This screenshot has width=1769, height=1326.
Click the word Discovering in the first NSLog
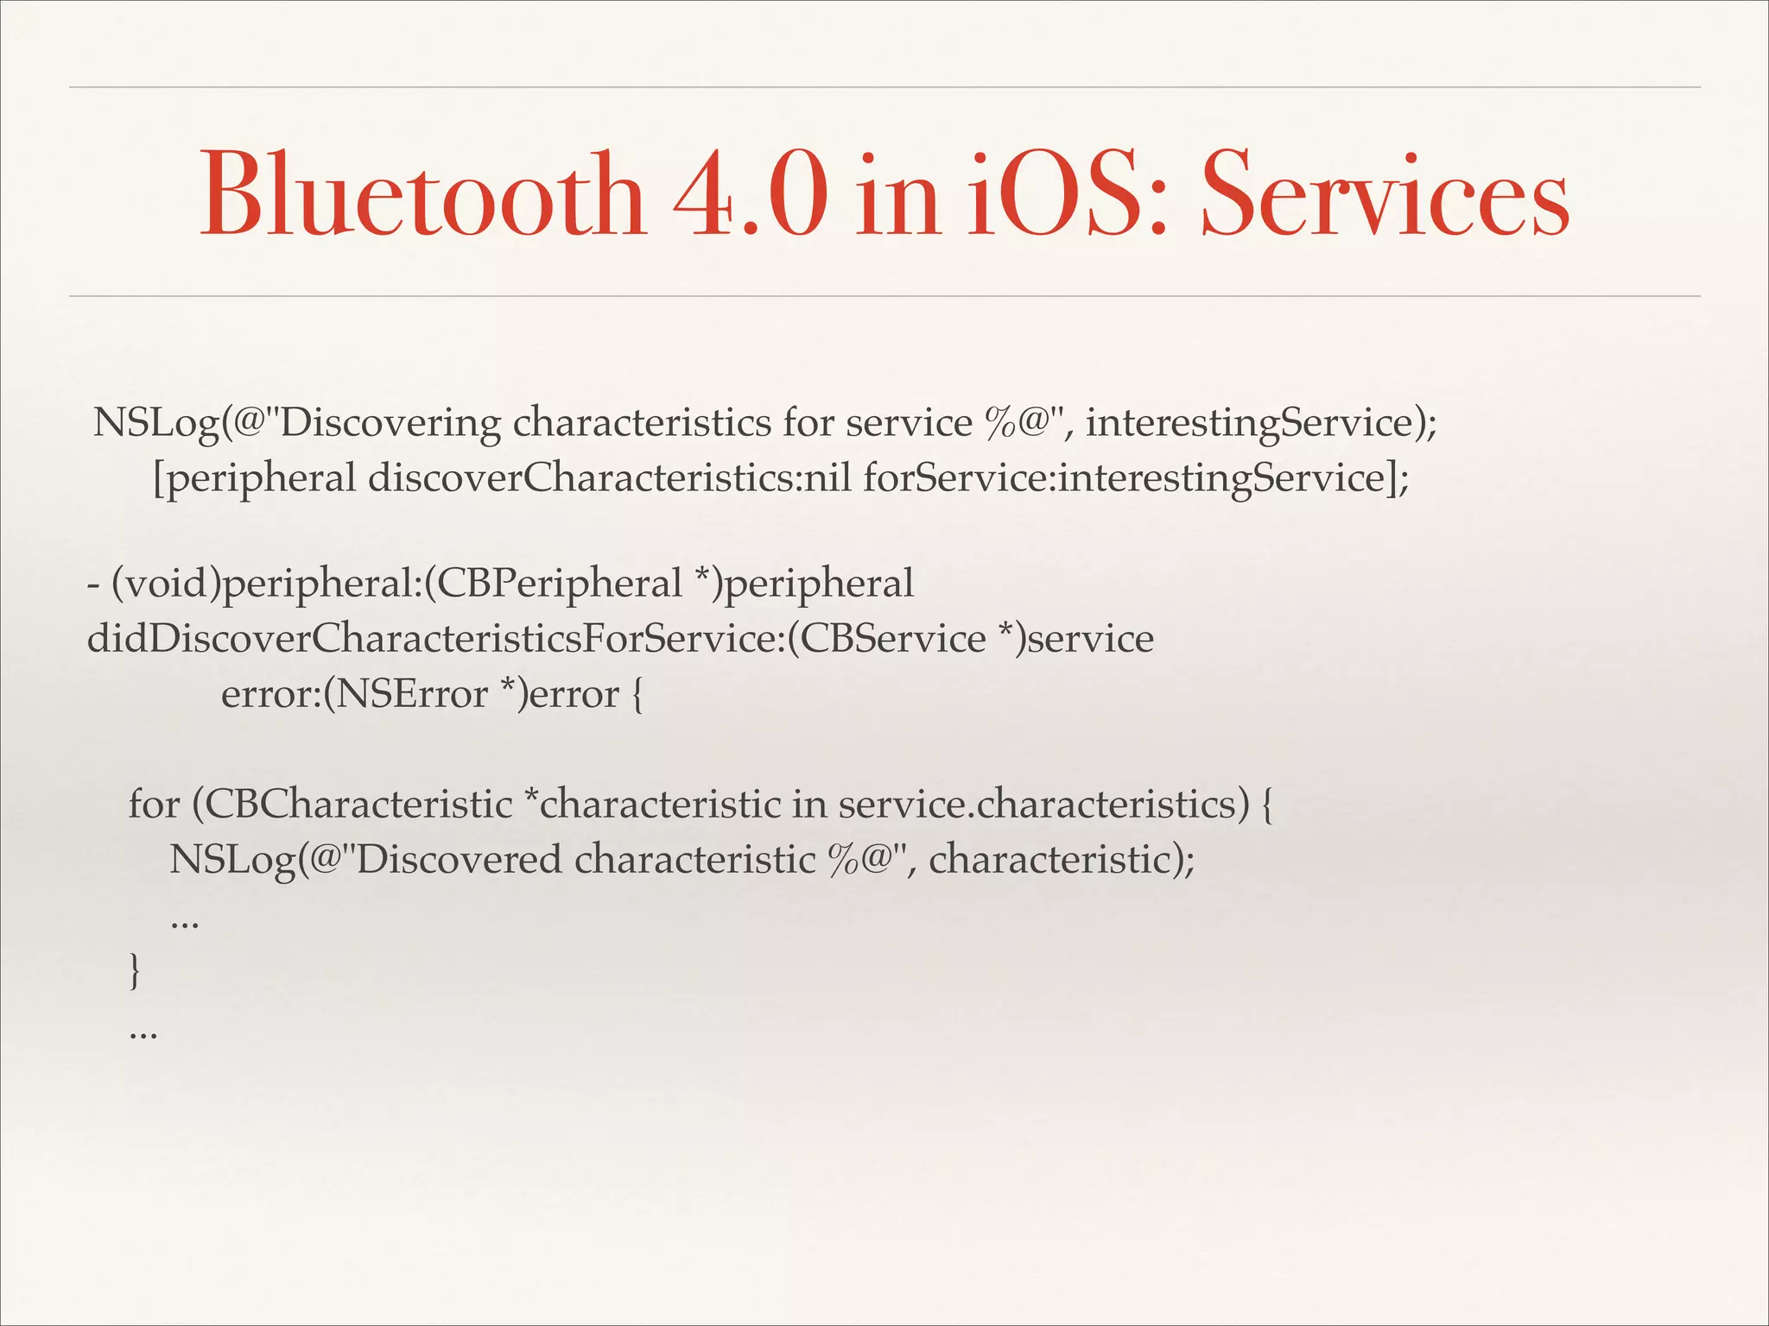point(386,424)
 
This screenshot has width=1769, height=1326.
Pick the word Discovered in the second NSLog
point(458,860)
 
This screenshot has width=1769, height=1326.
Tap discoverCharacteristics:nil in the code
point(609,478)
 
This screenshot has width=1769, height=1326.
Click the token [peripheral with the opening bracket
point(254,478)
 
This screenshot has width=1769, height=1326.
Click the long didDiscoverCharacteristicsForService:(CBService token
point(536,640)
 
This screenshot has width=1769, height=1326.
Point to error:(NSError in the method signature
point(354,695)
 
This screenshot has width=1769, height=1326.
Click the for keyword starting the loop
point(154,805)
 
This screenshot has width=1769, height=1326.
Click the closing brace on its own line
point(134,970)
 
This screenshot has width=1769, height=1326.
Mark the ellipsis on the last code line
point(143,1032)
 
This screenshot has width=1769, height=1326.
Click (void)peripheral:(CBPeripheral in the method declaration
point(397,584)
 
